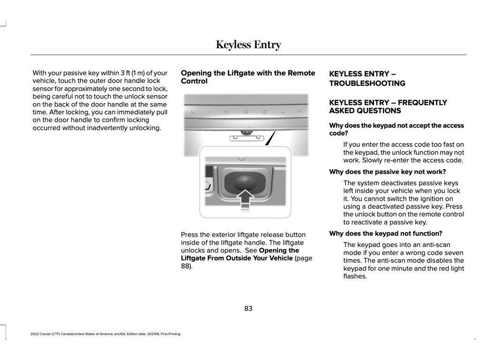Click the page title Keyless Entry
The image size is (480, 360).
pos(248,45)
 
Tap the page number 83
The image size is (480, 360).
pos(248,308)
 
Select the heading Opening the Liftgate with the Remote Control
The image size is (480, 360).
pos(248,77)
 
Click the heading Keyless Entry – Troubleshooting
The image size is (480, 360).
pos(367,78)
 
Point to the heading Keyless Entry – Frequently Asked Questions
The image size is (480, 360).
pos(388,106)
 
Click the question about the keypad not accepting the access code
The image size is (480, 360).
pos(396,129)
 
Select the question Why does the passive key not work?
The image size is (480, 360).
pos(387,172)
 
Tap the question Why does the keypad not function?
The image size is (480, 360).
pos(385,233)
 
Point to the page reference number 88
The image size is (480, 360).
pos(186,266)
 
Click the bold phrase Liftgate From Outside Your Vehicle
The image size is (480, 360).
pos(237,258)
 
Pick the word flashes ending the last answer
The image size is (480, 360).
pos(355,276)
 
